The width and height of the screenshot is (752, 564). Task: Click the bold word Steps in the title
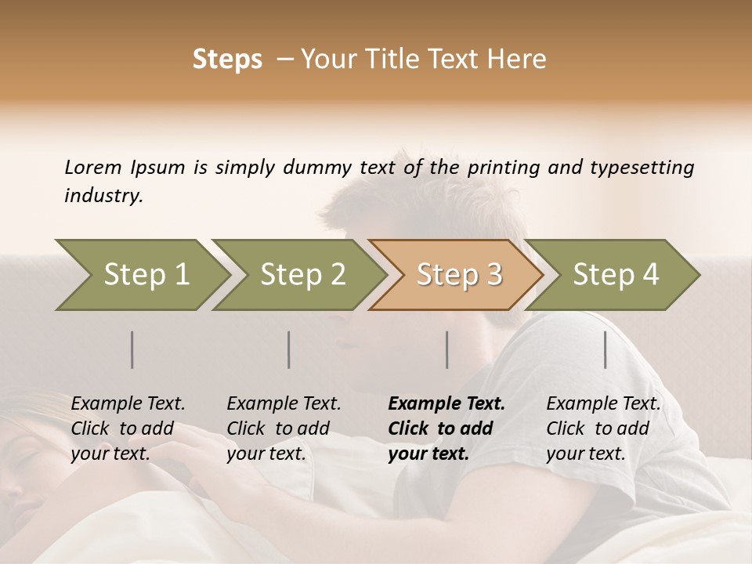pos(227,60)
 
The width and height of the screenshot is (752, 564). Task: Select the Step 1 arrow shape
pos(141,274)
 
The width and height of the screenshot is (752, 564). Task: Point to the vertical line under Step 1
pos(132,349)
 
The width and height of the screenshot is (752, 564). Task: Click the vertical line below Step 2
pos(289,349)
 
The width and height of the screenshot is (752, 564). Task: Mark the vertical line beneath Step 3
pos(447,349)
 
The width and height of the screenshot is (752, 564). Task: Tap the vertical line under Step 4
pos(606,349)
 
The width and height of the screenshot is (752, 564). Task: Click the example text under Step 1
pos(128,428)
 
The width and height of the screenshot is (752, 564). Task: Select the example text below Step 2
pos(284,428)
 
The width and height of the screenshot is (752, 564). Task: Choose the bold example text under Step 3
pos(446,428)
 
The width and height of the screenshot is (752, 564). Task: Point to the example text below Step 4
pos(603,428)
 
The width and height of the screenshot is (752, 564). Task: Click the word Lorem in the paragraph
pos(93,168)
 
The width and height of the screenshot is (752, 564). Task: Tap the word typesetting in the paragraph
pos(643,168)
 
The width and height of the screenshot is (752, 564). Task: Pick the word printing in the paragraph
pos(501,168)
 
